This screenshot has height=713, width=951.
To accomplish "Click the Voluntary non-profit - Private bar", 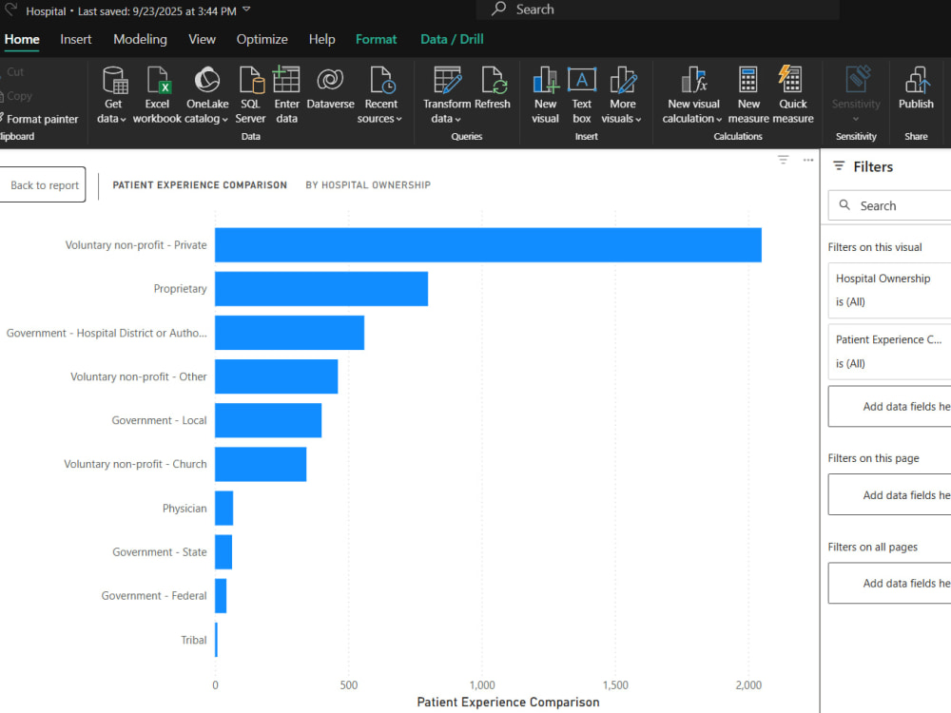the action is pos(488,245).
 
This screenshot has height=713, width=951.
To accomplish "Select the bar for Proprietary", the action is pos(321,289).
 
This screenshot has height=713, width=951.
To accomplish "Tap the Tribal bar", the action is pos(217,640).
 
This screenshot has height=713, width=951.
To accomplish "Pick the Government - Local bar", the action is pos(268,420).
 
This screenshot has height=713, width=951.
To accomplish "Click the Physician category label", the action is pos(184,508).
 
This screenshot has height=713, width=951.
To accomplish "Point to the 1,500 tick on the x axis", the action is pos(615,685).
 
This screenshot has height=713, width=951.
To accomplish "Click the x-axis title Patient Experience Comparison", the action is pos(508,703).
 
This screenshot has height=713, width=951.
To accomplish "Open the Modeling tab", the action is pos(140,39).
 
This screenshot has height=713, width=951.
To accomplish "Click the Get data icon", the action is pos(115,80).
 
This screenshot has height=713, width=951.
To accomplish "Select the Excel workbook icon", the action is pos(158,80).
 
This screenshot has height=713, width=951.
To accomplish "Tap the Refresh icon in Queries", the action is pos(494,80).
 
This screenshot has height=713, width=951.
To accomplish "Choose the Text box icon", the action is pos(582,80).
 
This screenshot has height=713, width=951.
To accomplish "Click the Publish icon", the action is pos(917,80).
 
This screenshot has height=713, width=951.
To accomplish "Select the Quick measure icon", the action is pos(791,79).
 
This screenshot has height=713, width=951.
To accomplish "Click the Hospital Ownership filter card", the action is pos(889,290).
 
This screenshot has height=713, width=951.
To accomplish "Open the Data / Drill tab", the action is pos(452,39).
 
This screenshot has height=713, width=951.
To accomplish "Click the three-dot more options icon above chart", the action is pos(807,160).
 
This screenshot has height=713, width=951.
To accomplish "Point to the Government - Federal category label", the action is pos(154,596).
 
